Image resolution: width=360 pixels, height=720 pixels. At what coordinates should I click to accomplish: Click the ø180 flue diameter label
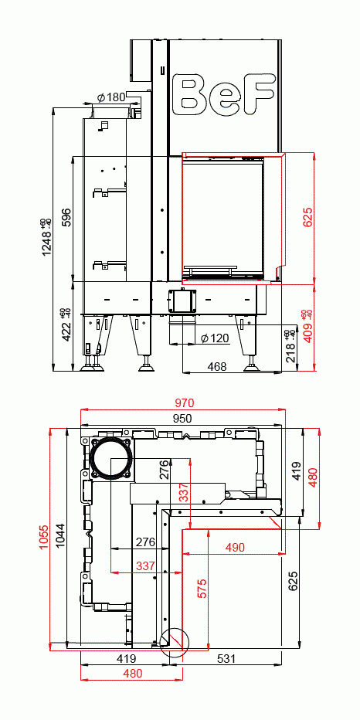pyautogui.click(x=112, y=97)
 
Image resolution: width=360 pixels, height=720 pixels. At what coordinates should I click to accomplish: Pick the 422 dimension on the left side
pyautogui.click(x=66, y=330)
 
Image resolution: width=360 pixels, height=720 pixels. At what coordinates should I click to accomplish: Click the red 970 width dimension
pyautogui.click(x=184, y=402)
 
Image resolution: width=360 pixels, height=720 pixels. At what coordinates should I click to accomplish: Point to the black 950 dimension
pyautogui.click(x=182, y=418)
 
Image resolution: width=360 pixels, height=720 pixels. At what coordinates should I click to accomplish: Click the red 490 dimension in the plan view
pyautogui.click(x=234, y=547)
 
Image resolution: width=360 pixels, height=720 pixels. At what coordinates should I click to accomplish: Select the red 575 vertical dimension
pyautogui.click(x=202, y=588)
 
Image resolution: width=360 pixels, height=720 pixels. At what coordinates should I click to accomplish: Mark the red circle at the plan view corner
pyautogui.click(x=174, y=641)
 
